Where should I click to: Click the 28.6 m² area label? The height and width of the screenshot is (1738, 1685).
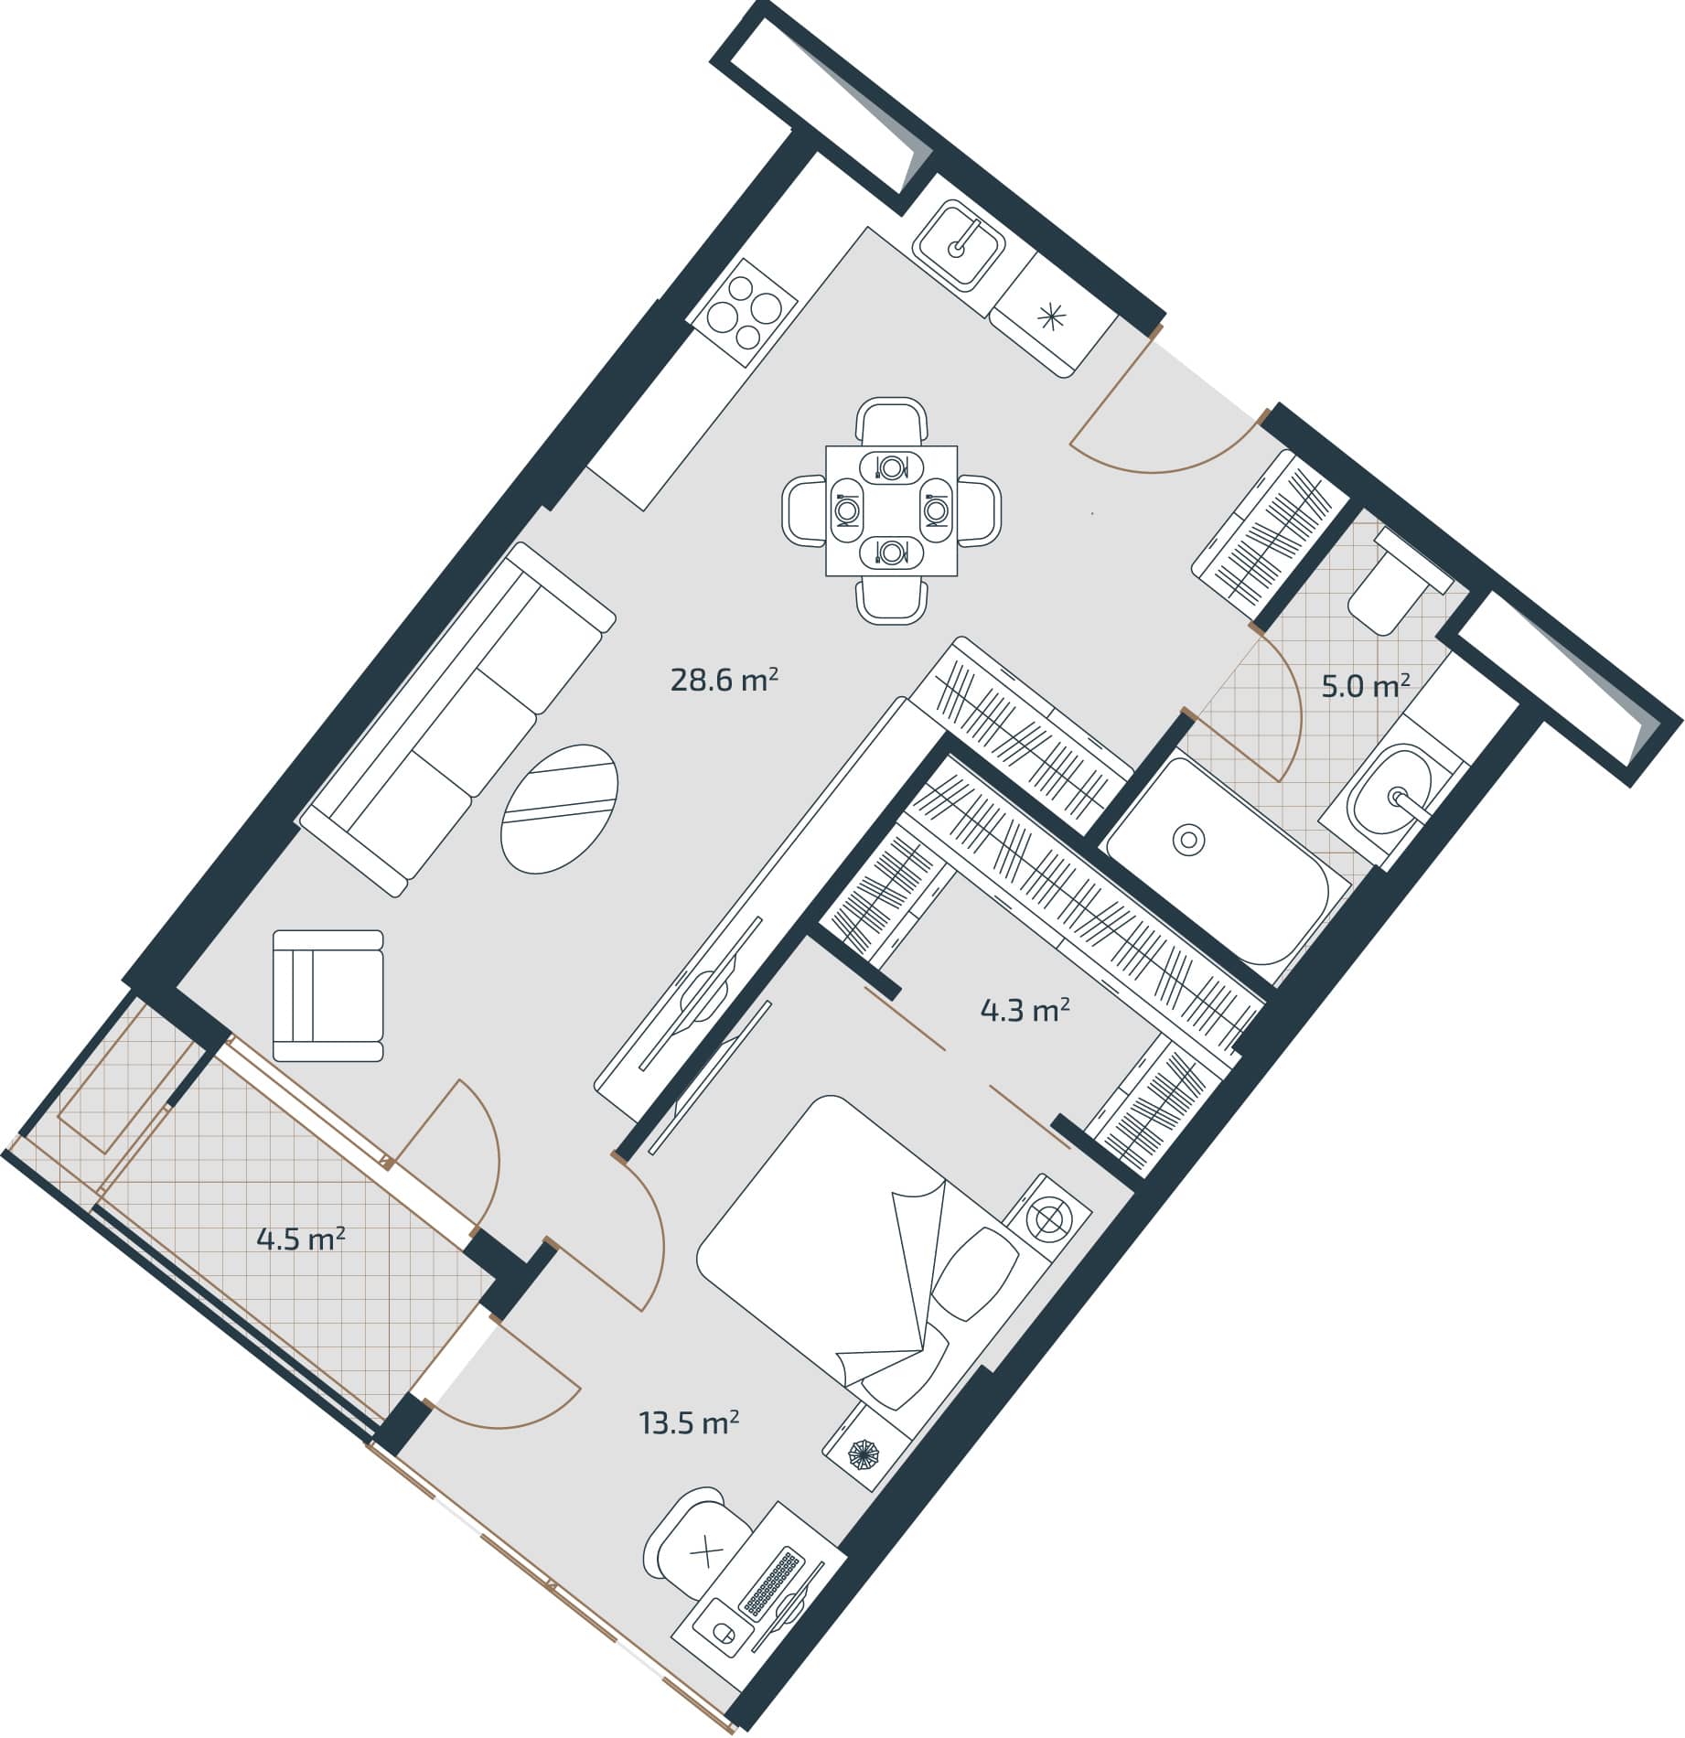click(x=724, y=681)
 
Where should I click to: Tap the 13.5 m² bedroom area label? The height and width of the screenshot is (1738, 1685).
click(x=689, y=1424)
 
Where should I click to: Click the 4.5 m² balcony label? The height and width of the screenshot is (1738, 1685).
click(x=300, y=1240)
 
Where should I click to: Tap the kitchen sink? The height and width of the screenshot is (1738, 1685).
click(x=961, y=246)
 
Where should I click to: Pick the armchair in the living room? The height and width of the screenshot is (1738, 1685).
click(x=328, y=996)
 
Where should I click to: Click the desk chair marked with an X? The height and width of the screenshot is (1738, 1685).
click(x=703, y=1552)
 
